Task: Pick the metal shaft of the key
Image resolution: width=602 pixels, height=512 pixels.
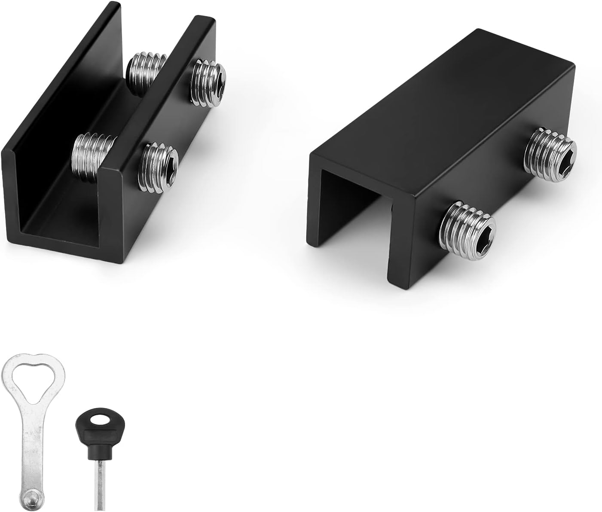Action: click(98, 485)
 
